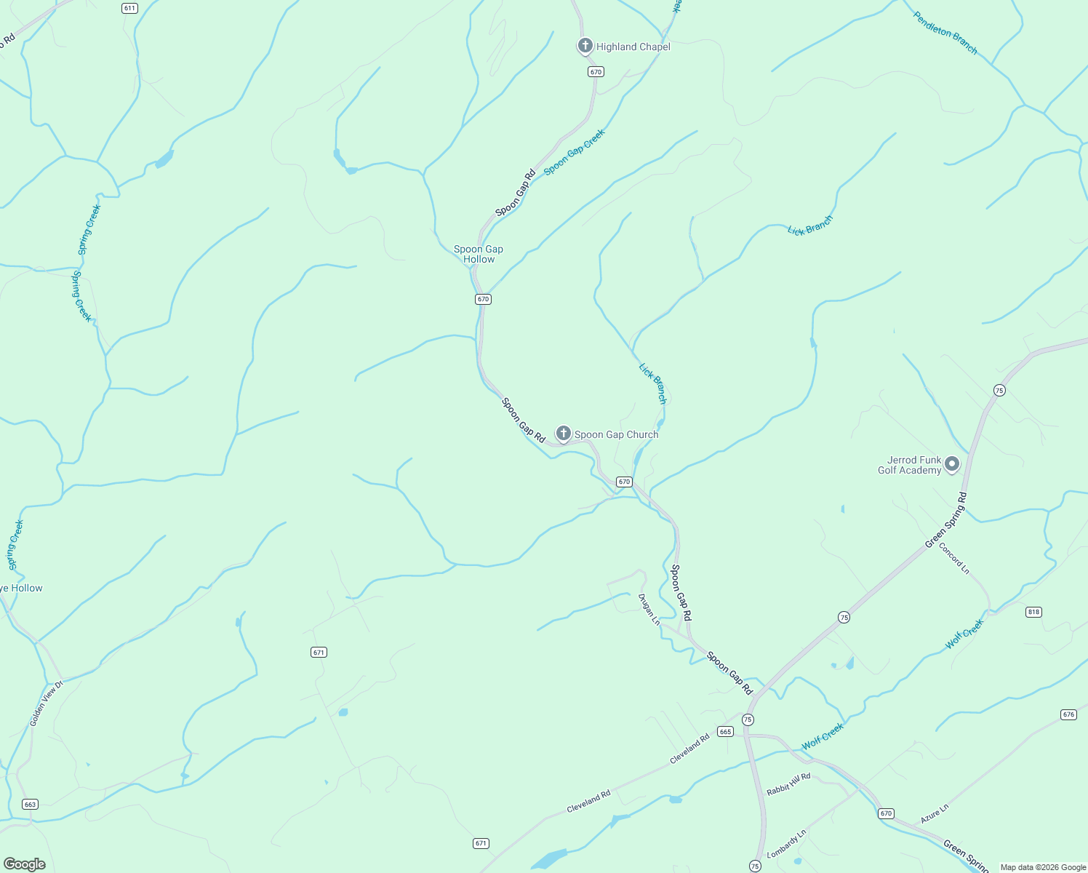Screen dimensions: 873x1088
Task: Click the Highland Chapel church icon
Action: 585,46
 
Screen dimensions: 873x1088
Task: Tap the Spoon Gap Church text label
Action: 616,434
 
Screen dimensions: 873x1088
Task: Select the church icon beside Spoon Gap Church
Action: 563,434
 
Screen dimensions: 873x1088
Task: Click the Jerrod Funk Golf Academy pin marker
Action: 951,463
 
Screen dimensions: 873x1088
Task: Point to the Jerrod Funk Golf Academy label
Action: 910,465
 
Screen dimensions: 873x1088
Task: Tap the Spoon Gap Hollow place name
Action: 479,254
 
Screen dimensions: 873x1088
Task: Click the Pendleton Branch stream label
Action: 945,33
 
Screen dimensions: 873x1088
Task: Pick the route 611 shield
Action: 129,8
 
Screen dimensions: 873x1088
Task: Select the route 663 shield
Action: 30,804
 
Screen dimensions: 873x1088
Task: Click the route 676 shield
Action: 1068,714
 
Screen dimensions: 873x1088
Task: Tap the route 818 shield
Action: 1033,612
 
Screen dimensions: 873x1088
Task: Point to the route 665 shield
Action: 725,731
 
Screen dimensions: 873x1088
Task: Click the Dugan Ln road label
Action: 649,610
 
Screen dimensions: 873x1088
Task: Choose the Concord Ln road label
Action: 953,558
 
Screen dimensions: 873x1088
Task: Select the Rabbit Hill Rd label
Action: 788,784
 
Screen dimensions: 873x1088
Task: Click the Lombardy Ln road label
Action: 787,843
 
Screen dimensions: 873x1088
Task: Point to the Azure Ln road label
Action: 935,813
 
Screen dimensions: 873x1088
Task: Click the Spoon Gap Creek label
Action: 574,152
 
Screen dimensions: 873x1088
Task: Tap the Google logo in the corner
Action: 25,864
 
